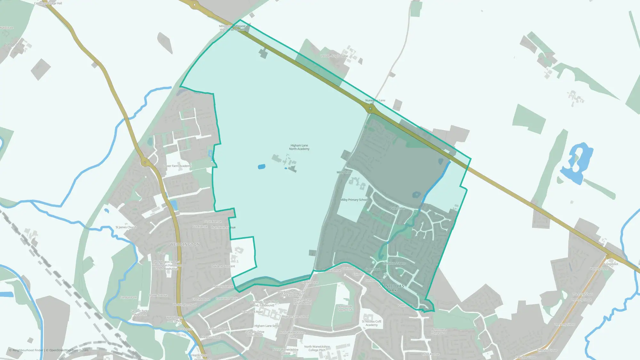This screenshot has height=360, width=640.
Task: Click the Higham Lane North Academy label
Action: coord(299,147)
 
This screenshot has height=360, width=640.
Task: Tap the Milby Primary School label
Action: coord(354,200)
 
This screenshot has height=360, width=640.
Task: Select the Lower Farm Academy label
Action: coord(177,166)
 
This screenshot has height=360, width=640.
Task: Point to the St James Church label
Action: coord(126,227)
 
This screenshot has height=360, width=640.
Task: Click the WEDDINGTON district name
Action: coord(185,244)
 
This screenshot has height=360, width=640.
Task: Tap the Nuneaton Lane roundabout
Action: coord(371,109)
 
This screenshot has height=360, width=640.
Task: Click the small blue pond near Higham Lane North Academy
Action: coord(261,167)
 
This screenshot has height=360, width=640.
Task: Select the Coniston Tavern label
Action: coord(394,263)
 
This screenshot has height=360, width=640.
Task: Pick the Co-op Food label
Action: coord(372,269)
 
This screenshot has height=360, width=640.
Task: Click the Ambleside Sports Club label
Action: coord(345,308)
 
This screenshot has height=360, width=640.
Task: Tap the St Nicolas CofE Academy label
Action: coord(372,323)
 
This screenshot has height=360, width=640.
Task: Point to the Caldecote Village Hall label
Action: coord(48,3)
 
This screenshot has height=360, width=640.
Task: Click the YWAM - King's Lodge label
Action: coord(334,56)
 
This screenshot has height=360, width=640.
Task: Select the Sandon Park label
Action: coord(128,298)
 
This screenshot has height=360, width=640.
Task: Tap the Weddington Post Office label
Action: coord(174,319)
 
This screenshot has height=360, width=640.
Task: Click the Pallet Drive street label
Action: coord(397,208)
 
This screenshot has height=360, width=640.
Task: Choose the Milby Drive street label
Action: coord(344,172)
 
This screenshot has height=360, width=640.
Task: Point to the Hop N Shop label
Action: coord(199,355)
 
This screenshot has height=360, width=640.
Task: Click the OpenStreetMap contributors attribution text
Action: coord(69,350)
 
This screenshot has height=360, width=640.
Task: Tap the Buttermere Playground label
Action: coord(438,331)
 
